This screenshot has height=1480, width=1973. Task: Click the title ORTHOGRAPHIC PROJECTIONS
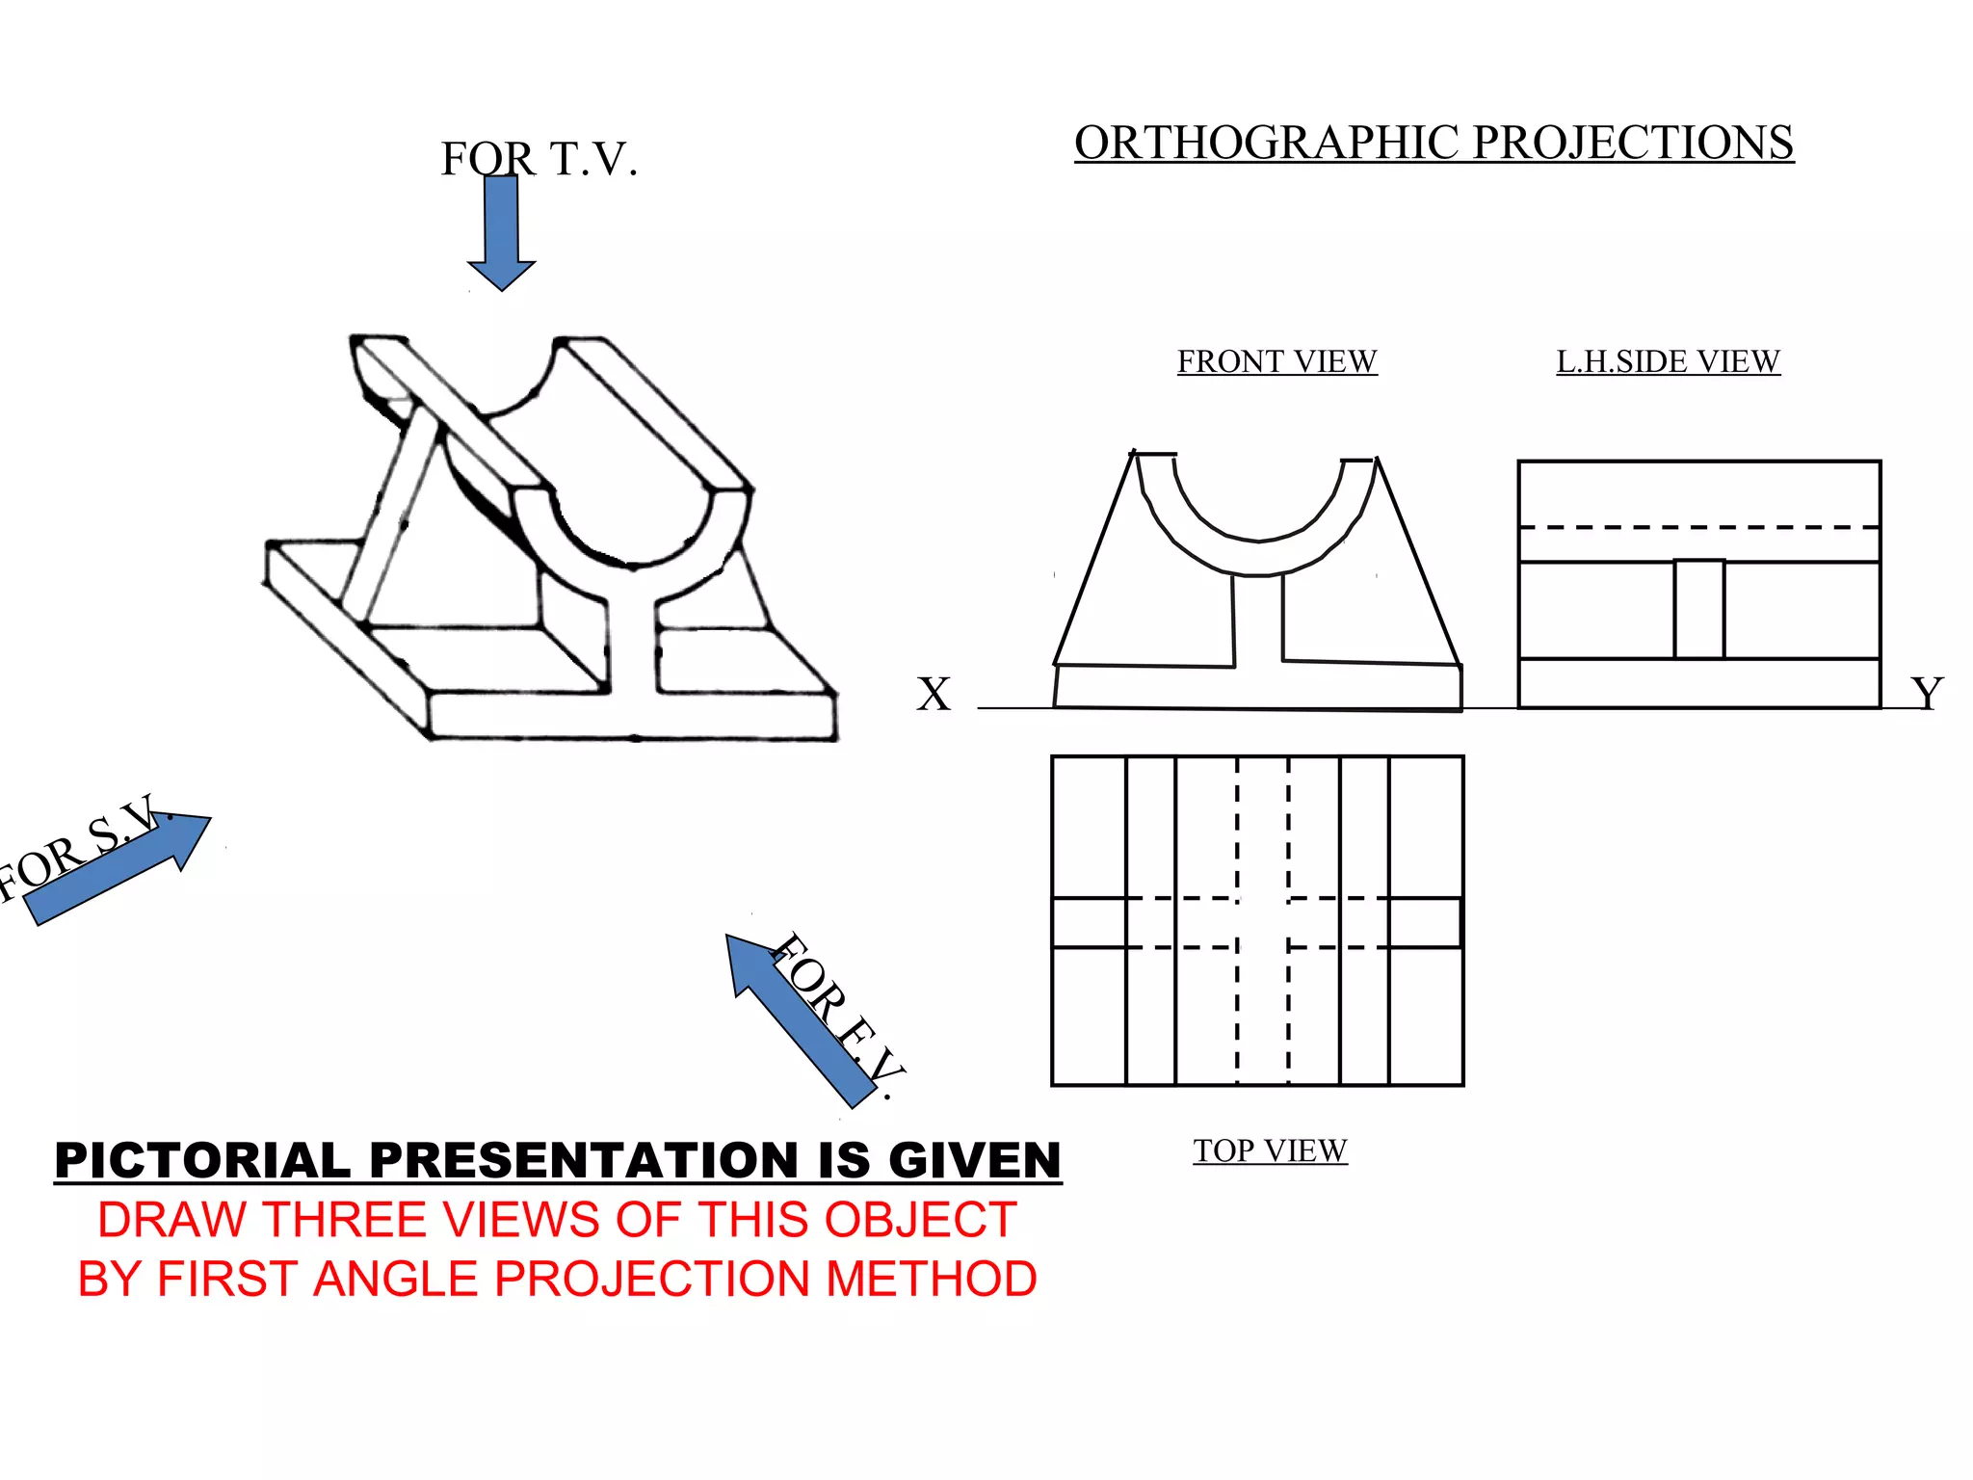click(1434, 143)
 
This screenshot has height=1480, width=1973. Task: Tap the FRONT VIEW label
click(1276, 361)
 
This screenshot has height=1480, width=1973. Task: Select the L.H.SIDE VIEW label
click(1668, 361)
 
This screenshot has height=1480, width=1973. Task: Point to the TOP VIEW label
click(1270, 1150)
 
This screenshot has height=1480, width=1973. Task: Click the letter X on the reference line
click(933, 695)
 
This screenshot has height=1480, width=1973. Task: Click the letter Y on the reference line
click(1927, 694)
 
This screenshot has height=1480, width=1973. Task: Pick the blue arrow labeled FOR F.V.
click(800, 1021)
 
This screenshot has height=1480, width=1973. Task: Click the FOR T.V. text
click(539, 159)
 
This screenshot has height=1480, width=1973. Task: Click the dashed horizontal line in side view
click(1698, 528)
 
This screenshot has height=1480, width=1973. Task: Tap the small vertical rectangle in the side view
click(1698, 609)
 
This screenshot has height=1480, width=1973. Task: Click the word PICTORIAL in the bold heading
click(202, 1160)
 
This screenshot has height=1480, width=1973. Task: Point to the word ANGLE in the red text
click(395, 1280)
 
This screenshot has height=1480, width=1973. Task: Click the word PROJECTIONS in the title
click(1633, 143)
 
